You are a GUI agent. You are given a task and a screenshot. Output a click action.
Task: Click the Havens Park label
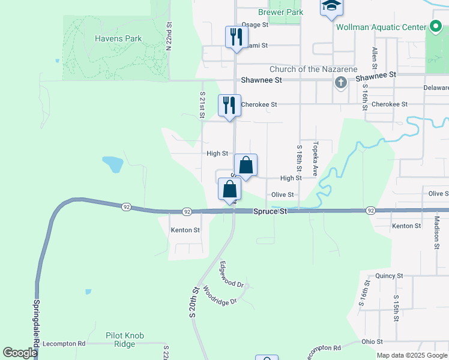coord(118,38)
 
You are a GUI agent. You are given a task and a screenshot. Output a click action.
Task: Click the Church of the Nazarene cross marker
coord(340,82)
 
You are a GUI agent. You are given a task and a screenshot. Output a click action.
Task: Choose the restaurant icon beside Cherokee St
coord(229,105)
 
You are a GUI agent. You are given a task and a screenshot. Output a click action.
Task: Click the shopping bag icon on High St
coord(246,164)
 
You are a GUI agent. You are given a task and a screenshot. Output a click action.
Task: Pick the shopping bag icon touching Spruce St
coord(230,190)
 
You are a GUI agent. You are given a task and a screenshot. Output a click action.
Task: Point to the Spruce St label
coord(270,212)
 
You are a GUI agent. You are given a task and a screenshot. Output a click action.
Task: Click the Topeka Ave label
coord(314,155)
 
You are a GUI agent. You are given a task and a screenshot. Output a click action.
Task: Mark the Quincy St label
coord(388,276)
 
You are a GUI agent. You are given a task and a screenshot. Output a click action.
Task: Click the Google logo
coord(20,353)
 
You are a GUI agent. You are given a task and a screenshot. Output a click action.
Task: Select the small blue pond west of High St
coord(112,164)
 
